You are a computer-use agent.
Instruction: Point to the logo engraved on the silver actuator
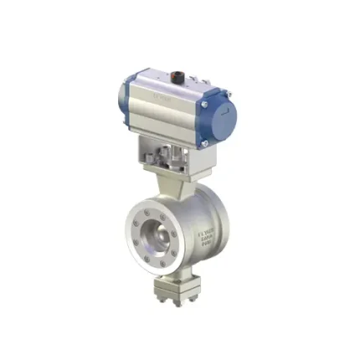pos(162,97)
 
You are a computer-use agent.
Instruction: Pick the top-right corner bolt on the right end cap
pos(226,95)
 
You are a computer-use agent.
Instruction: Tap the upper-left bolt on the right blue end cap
pos(203,105)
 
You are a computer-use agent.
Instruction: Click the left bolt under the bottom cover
pos(158,301)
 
